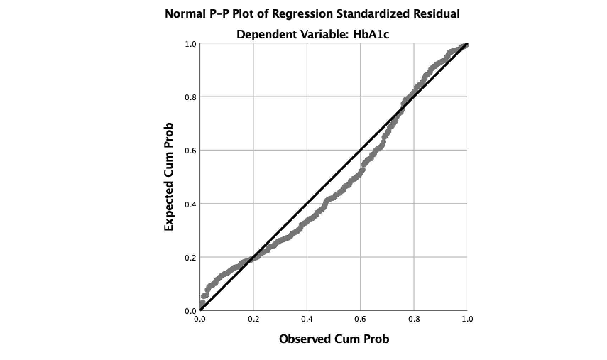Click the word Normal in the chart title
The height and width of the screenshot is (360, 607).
pyautogui.click(x=184, y=14)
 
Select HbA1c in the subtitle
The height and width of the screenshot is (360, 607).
pyautogui.click(x=371, y=34)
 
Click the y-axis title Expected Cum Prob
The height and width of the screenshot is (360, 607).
pyautogui.click(x=169, y=177)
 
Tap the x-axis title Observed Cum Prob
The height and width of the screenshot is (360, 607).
pyautogui.click(x=334, y=339)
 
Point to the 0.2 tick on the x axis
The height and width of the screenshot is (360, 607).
pyautogui.click(x=253, y=319)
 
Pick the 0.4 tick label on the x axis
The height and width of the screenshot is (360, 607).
pyautogui.click(x=307, y=319)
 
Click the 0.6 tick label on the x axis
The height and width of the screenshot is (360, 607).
pyautogui.click(x=360, y=319)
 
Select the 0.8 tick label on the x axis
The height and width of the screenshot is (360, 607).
pyautogui.click(x=414, y=319)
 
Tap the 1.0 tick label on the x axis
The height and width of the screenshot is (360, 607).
pyautogui.click(x=467, y=319)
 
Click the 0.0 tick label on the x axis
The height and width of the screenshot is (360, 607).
pyautogui.click(x=200, y=319)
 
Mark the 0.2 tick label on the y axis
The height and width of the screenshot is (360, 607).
pyautogui.click(x=190, y=257)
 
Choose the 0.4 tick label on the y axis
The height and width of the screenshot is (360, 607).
pyautogui.click(x=190, y=204)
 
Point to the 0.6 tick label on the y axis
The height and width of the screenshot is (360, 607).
pyautogui.click(x=190, y=151)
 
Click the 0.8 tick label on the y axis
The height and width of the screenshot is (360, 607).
pyautogui.click(x=190, y=97)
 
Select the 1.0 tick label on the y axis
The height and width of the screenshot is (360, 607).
pyautogui.click(x=190, y=44)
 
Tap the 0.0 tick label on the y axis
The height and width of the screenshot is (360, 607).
pyautogui.click(x=190, y=311)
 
